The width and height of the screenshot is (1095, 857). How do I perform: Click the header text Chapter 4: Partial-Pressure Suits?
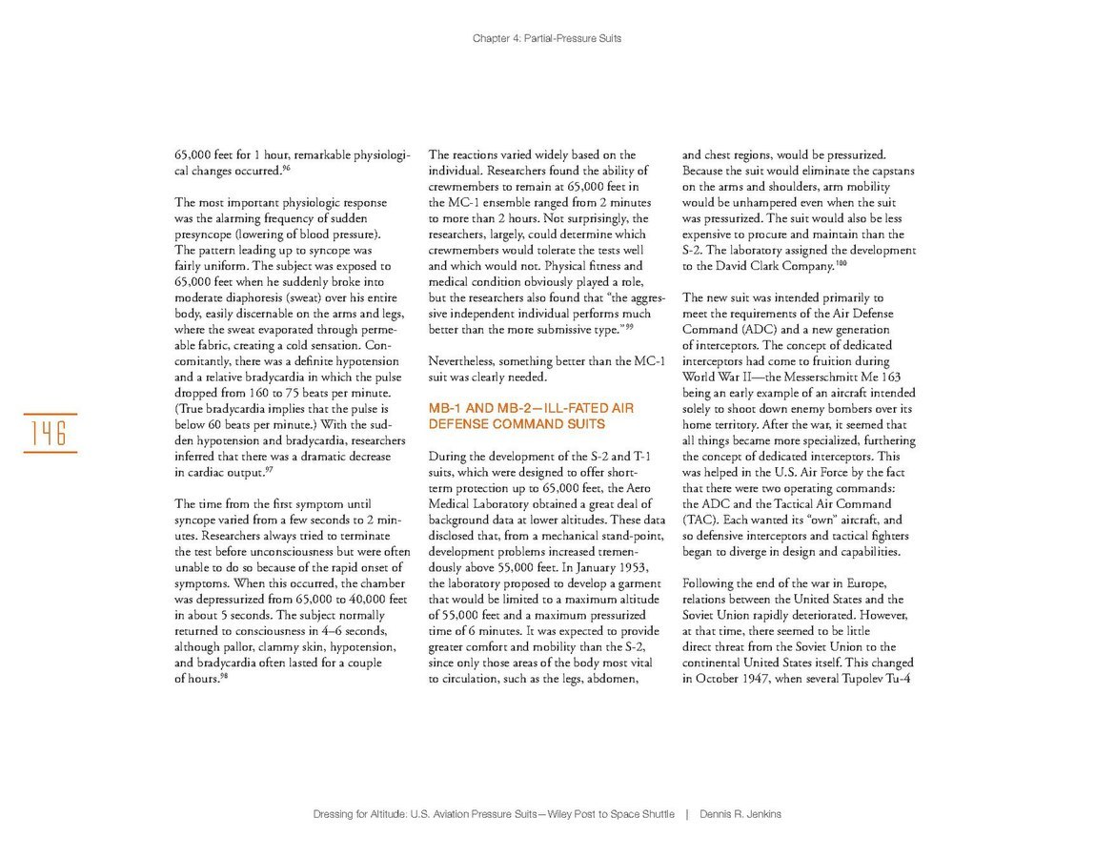[x=547, y=39]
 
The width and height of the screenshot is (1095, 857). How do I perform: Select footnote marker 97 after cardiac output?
[x=270, y=469]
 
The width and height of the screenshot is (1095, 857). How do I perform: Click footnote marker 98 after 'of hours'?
[x=224, y=676]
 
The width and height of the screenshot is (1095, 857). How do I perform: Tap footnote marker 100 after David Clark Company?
[x=841, y=262]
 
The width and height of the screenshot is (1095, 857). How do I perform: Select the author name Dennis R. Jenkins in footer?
[x=740, y=814]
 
